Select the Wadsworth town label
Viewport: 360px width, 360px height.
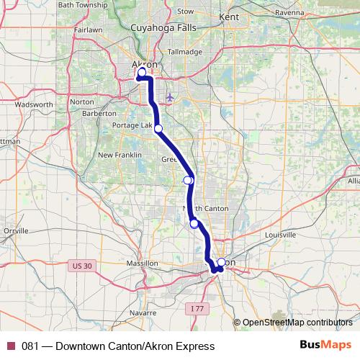(x=34, y=104)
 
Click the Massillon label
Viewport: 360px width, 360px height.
(x=142, y=264)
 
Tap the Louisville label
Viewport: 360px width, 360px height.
(x=280, y=235)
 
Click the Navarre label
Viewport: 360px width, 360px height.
(x=144, y=313)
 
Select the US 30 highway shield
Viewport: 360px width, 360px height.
(x=83, y=266)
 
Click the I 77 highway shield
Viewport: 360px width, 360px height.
(x=198, y=308)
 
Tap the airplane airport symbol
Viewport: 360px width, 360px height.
(x=170, y=96)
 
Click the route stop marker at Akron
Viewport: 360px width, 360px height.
(x=142, y=72)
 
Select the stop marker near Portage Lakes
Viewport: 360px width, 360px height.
(x=158, y=129)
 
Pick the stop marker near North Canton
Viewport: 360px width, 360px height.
(x=194, y=224)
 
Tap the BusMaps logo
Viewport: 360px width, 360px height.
(x=326, y=345)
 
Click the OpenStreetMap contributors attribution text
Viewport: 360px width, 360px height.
(x=297, y=323)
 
